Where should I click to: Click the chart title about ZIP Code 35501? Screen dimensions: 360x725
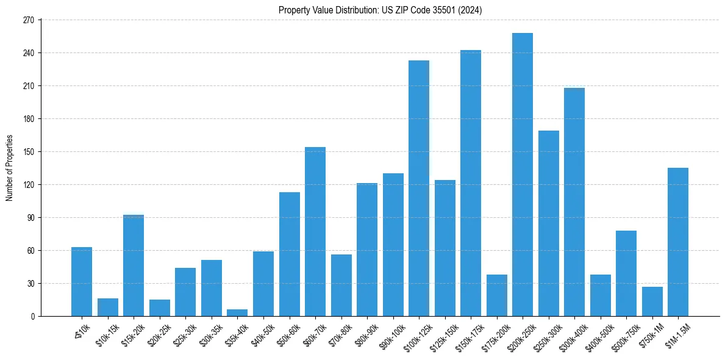click(380, 10)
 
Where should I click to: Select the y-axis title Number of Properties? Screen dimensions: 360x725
click(9, 168)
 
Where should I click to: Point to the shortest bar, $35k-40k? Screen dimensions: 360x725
click(237, 312)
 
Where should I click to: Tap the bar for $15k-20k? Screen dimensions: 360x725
click(134, 265)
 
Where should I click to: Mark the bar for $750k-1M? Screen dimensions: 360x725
click(652, 301)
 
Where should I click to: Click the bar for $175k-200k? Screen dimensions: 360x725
click(497, 295)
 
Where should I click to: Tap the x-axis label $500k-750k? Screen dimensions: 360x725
click(623, 336)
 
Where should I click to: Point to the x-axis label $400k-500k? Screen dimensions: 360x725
click(598, 336)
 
